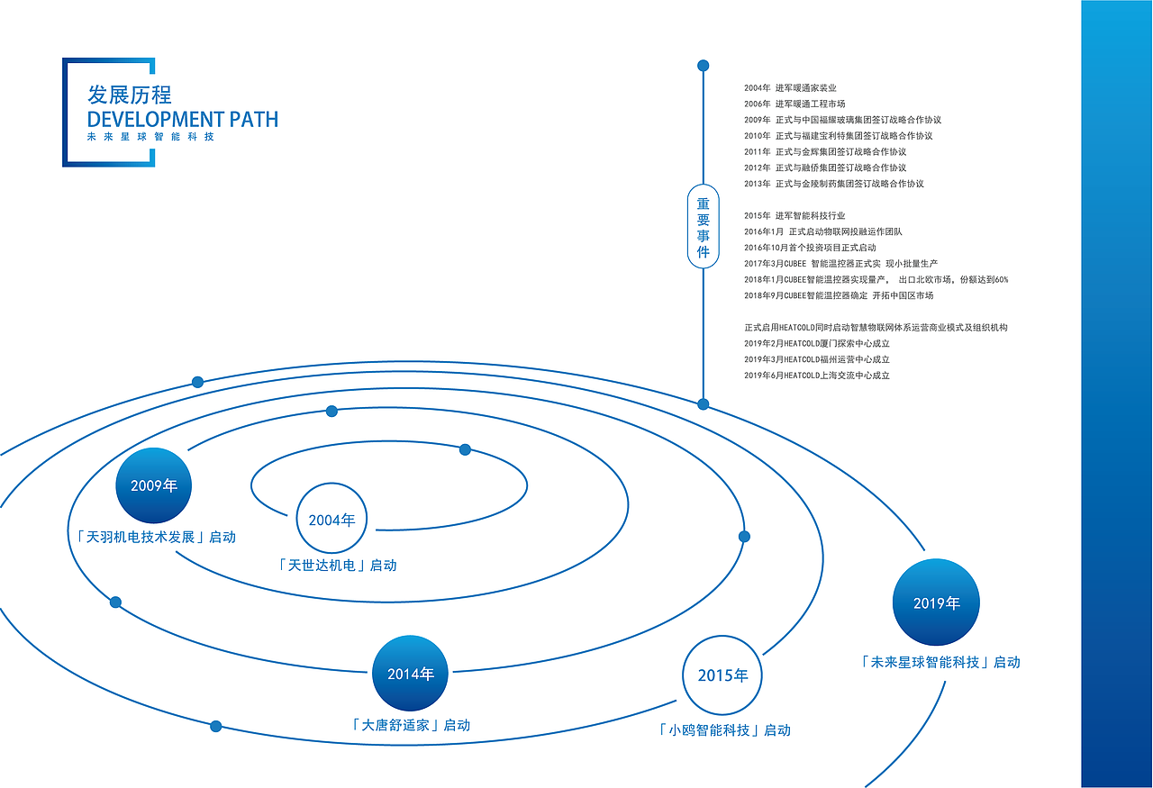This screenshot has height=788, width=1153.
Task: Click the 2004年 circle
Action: (332, 519)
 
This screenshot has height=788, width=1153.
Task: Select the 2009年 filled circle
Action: (154, 485)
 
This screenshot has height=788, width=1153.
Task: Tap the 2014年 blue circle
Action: (411, 674)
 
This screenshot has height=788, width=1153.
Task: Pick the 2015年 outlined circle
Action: (722, 675)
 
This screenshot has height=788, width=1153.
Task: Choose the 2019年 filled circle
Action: (937, 602)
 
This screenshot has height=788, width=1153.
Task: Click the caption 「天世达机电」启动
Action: (337, 566)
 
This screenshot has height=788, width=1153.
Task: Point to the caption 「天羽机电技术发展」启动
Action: (156, 537)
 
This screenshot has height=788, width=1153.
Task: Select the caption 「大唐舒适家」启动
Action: (410, 725)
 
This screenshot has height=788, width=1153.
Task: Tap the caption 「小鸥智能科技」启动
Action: (723, 730)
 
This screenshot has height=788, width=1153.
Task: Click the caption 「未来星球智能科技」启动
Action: (940, 662)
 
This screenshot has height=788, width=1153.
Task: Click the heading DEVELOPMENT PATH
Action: (183, 119)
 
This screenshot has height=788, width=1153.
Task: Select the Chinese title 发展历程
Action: (130, 95)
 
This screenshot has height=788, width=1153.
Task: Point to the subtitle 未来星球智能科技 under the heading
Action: (150, 137)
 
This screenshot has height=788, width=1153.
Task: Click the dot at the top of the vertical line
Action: (704, 66)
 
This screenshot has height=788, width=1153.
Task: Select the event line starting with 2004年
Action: (790, 88)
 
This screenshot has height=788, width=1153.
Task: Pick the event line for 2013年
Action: (834, 184)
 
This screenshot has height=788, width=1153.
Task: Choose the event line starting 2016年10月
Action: (810, 248)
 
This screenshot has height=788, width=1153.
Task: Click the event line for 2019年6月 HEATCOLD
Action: (817, 376)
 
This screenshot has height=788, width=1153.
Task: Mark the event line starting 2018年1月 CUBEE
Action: (876, 280)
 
